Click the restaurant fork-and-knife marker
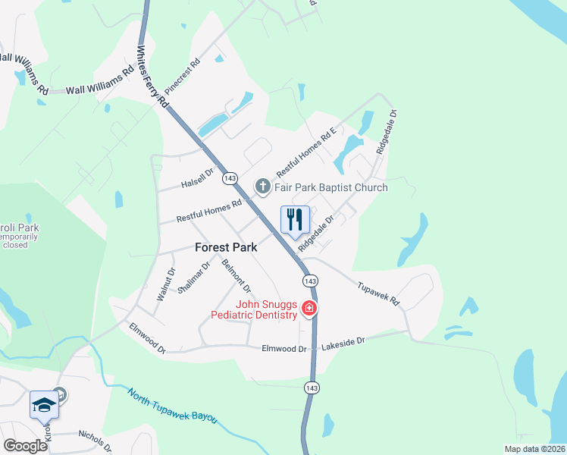pos(295,219)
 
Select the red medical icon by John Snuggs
pos(309,308)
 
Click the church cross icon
pos(262,187)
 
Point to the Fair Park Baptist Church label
pos(331,187)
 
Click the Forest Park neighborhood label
pos(226,247)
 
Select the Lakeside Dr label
pos(343,343)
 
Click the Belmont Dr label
pos(237,276)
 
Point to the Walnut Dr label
pos(165,285)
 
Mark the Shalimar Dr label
pos(198,277)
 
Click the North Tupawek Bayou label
pos(172,406)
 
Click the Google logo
pos(26,446)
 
